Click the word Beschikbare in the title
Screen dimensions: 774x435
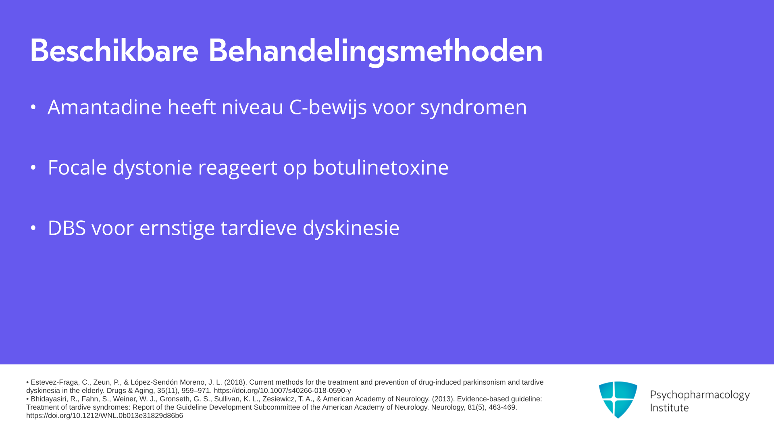[x=114, y=51]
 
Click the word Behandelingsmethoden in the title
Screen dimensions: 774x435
[x=376, y=52]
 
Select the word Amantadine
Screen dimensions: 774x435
[x=104, y=107]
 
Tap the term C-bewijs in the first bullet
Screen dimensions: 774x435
[x=328, y=108]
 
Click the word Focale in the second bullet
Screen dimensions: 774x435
[x=77, y=167]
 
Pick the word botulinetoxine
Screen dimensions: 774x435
[x=381, y=167]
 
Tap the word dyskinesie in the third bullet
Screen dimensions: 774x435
[x=351, y=228]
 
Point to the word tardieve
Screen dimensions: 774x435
[x=258, y=228]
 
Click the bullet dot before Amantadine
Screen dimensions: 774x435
[x=33, y=107]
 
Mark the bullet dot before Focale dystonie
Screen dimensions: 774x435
[x=33, y=168]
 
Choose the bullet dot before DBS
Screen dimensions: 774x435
[x=33, y=228]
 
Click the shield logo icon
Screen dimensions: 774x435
[x=618, y=400]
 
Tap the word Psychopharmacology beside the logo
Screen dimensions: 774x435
[x=700, y=395]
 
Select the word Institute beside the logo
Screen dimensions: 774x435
[x=669, y=408]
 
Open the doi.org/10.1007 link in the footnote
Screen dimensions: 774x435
[x=282, y=391]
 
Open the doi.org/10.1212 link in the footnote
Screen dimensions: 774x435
[x=104, y=416]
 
